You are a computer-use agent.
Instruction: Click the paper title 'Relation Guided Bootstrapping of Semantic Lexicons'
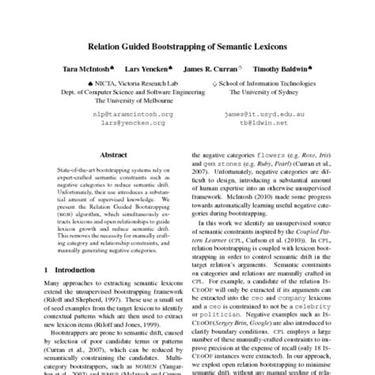(x=187, y=47)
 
